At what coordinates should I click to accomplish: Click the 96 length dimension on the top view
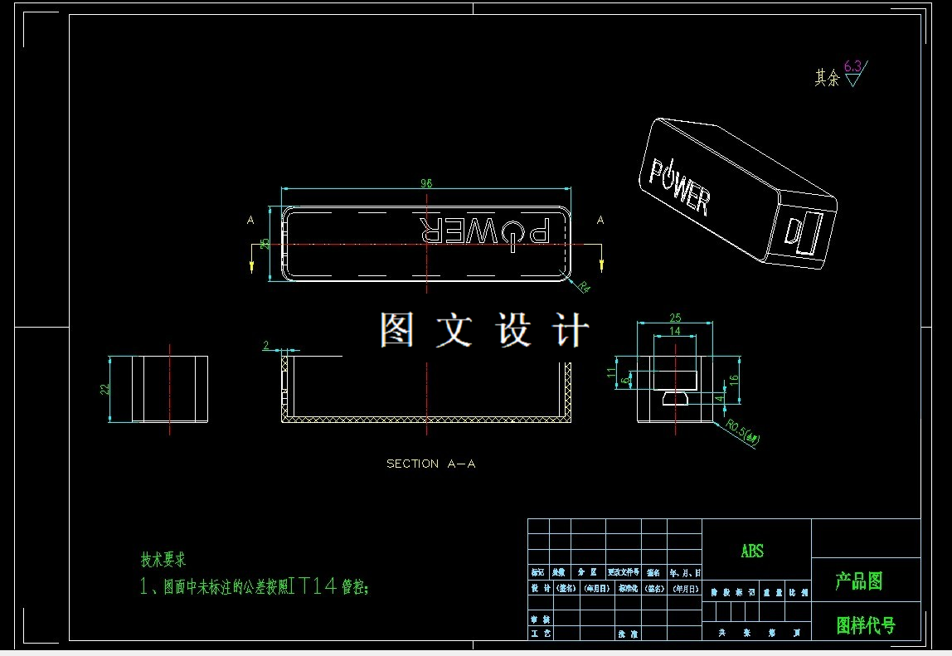coord(426,183)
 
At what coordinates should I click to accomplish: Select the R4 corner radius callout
coord(583,287)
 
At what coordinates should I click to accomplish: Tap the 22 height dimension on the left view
coord(105,389)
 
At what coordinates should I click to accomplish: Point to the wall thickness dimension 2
coord(266,345)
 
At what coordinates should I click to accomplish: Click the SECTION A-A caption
coord(430,464)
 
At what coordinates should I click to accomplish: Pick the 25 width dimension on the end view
coord(675,318)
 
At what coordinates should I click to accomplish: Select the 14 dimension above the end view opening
coord(674,331)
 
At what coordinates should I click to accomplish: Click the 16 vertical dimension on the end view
coord(733,379)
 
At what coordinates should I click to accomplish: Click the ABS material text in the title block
coord(752,551)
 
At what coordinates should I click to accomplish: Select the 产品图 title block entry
coord(858,581)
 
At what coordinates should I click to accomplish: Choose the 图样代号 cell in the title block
coord(865,624)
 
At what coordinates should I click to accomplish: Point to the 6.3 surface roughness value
coord(852,66)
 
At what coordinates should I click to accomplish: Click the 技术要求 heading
coord(163,560)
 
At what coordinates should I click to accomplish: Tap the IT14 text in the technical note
coord(313,586)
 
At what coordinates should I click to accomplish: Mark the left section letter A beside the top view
coord(250,220)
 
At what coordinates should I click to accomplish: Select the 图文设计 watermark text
coord(484,330)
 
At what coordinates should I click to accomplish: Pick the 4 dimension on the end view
coord(720,397)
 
